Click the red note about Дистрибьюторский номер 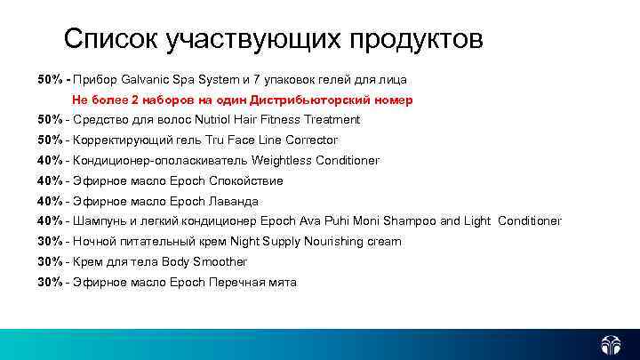click(242, 100)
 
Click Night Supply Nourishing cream click(316, 242)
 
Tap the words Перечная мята click(252, 283)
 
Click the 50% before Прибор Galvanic click(50, 80)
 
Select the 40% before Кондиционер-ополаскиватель click(50, 161)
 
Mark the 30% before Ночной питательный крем click(50, 242)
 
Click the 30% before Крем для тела click(50, 262)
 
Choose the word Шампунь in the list click(100, 221)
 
